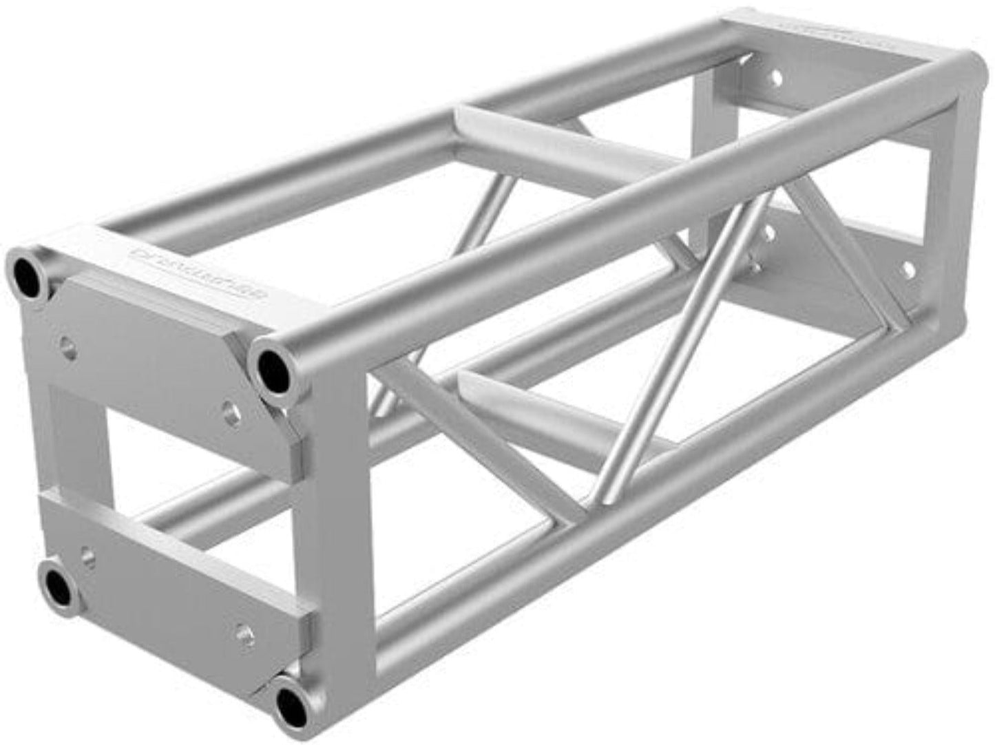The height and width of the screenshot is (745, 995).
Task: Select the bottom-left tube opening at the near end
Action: pos(59,585)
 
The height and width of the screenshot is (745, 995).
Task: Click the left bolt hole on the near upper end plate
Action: pos(67,342)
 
